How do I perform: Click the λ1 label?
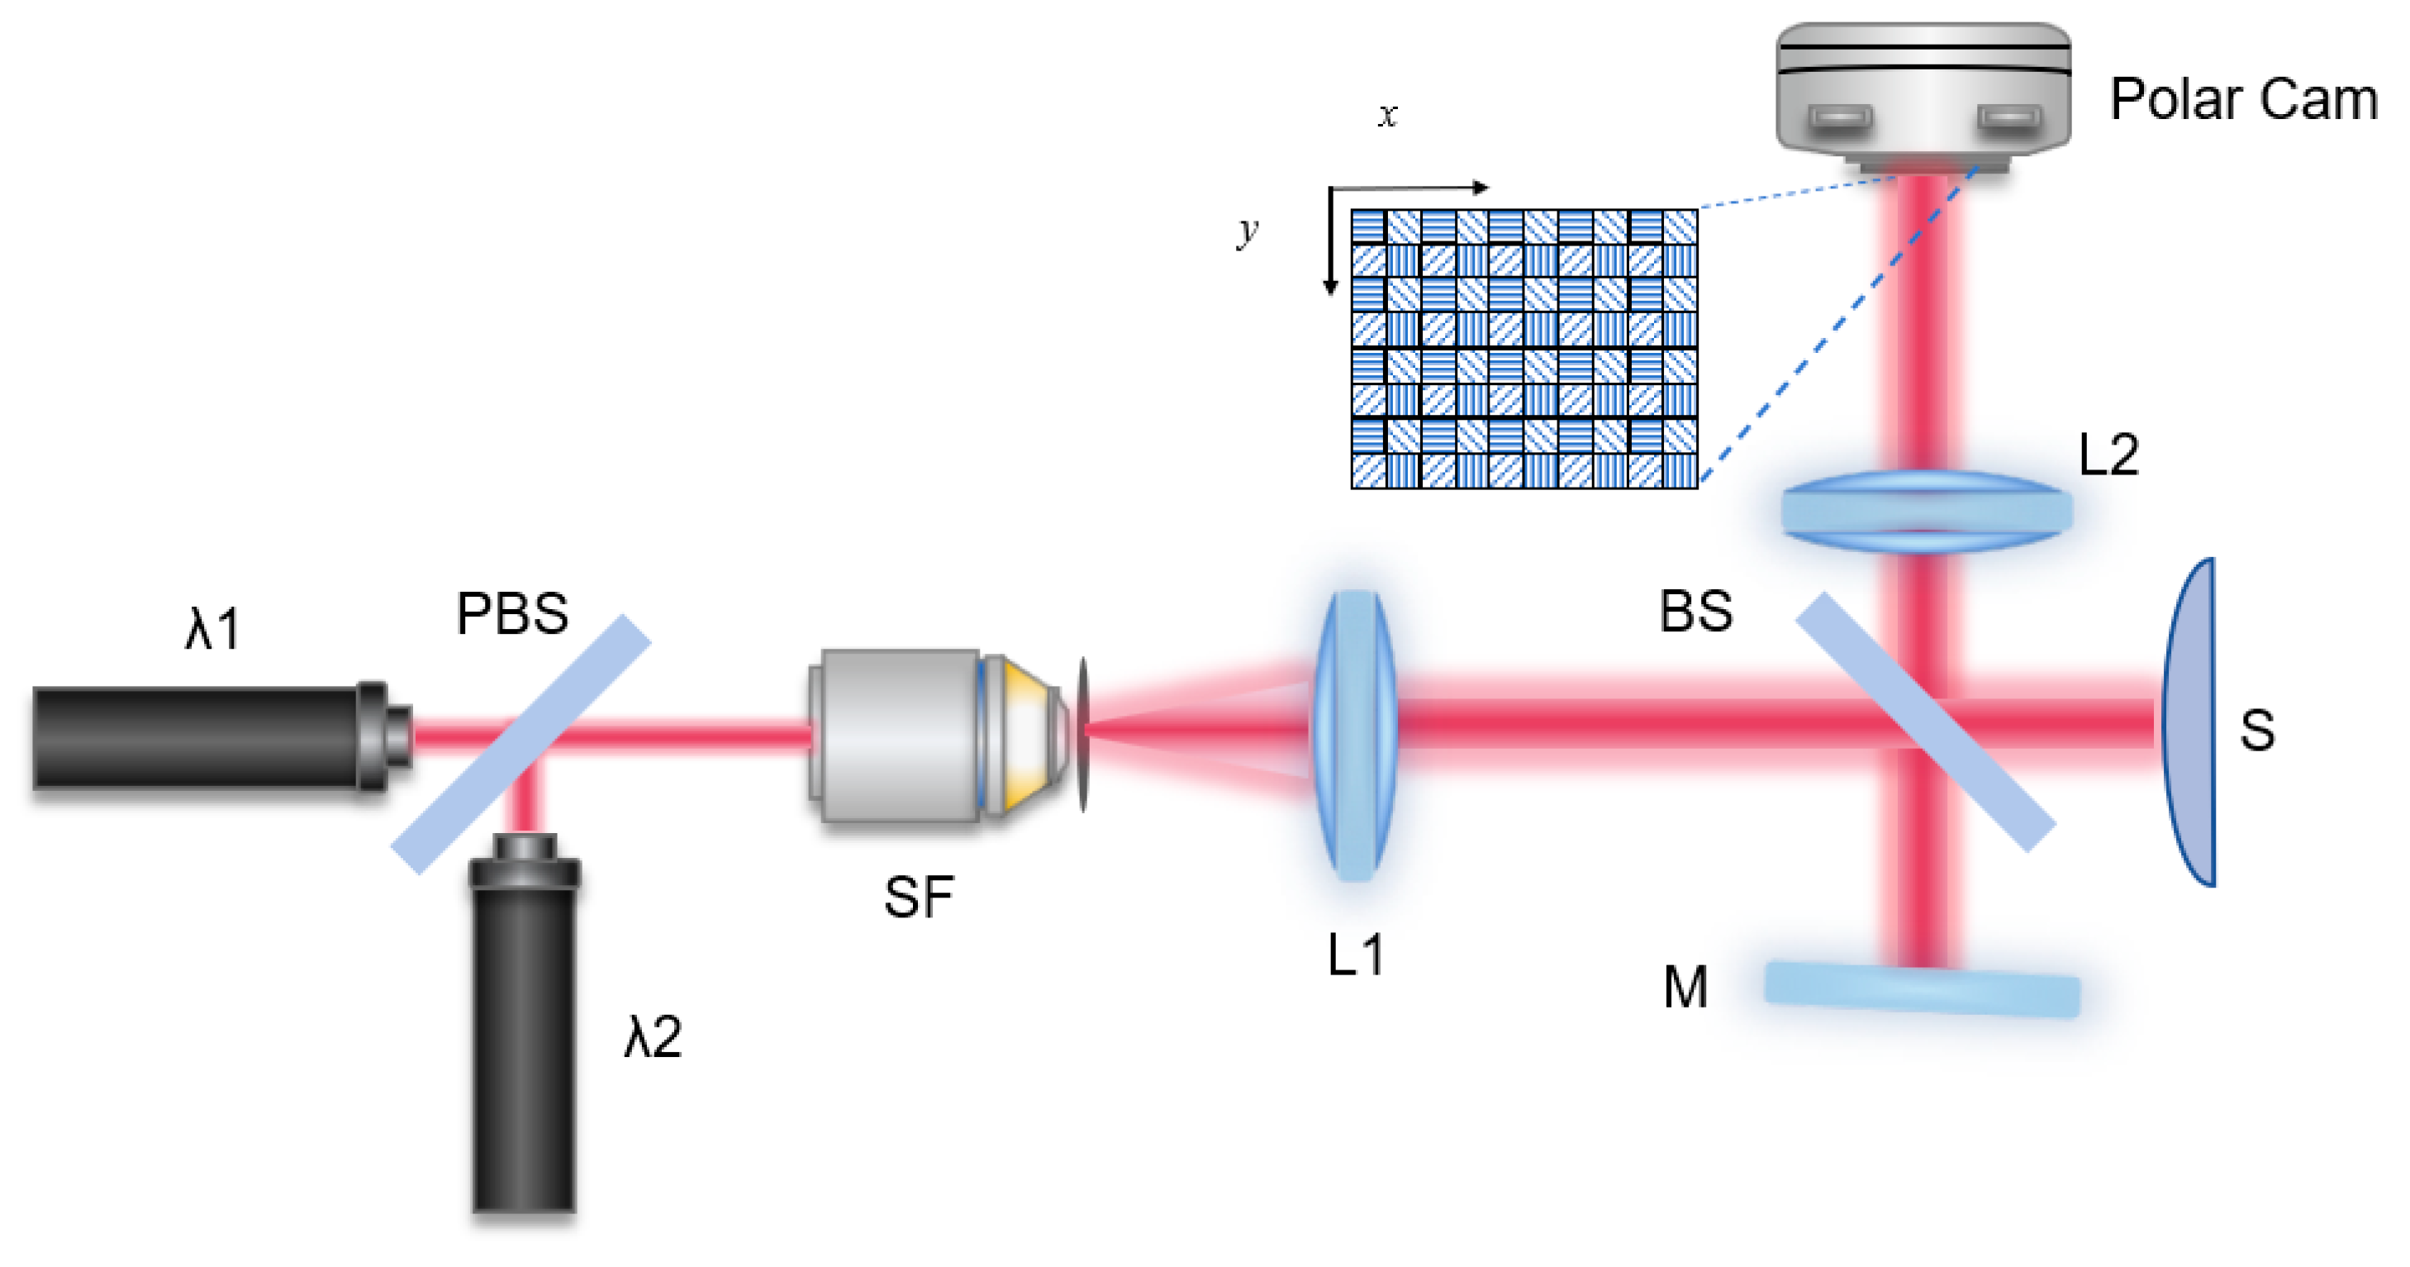point(213,628)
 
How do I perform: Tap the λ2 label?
point(653,1036)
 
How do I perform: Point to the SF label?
point(918,897)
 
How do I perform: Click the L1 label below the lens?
point(1356,955)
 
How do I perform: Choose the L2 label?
point(2108,455)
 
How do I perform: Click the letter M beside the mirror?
point(1685,987)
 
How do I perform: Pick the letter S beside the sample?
point(2256,730)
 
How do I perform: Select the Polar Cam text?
point(2243,99)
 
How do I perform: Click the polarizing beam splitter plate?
point(521,745)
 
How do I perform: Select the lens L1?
point(1355,736)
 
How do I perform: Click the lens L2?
point(1925,512)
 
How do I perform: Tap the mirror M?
point(1922,989)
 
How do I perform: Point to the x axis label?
point(1387,114)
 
